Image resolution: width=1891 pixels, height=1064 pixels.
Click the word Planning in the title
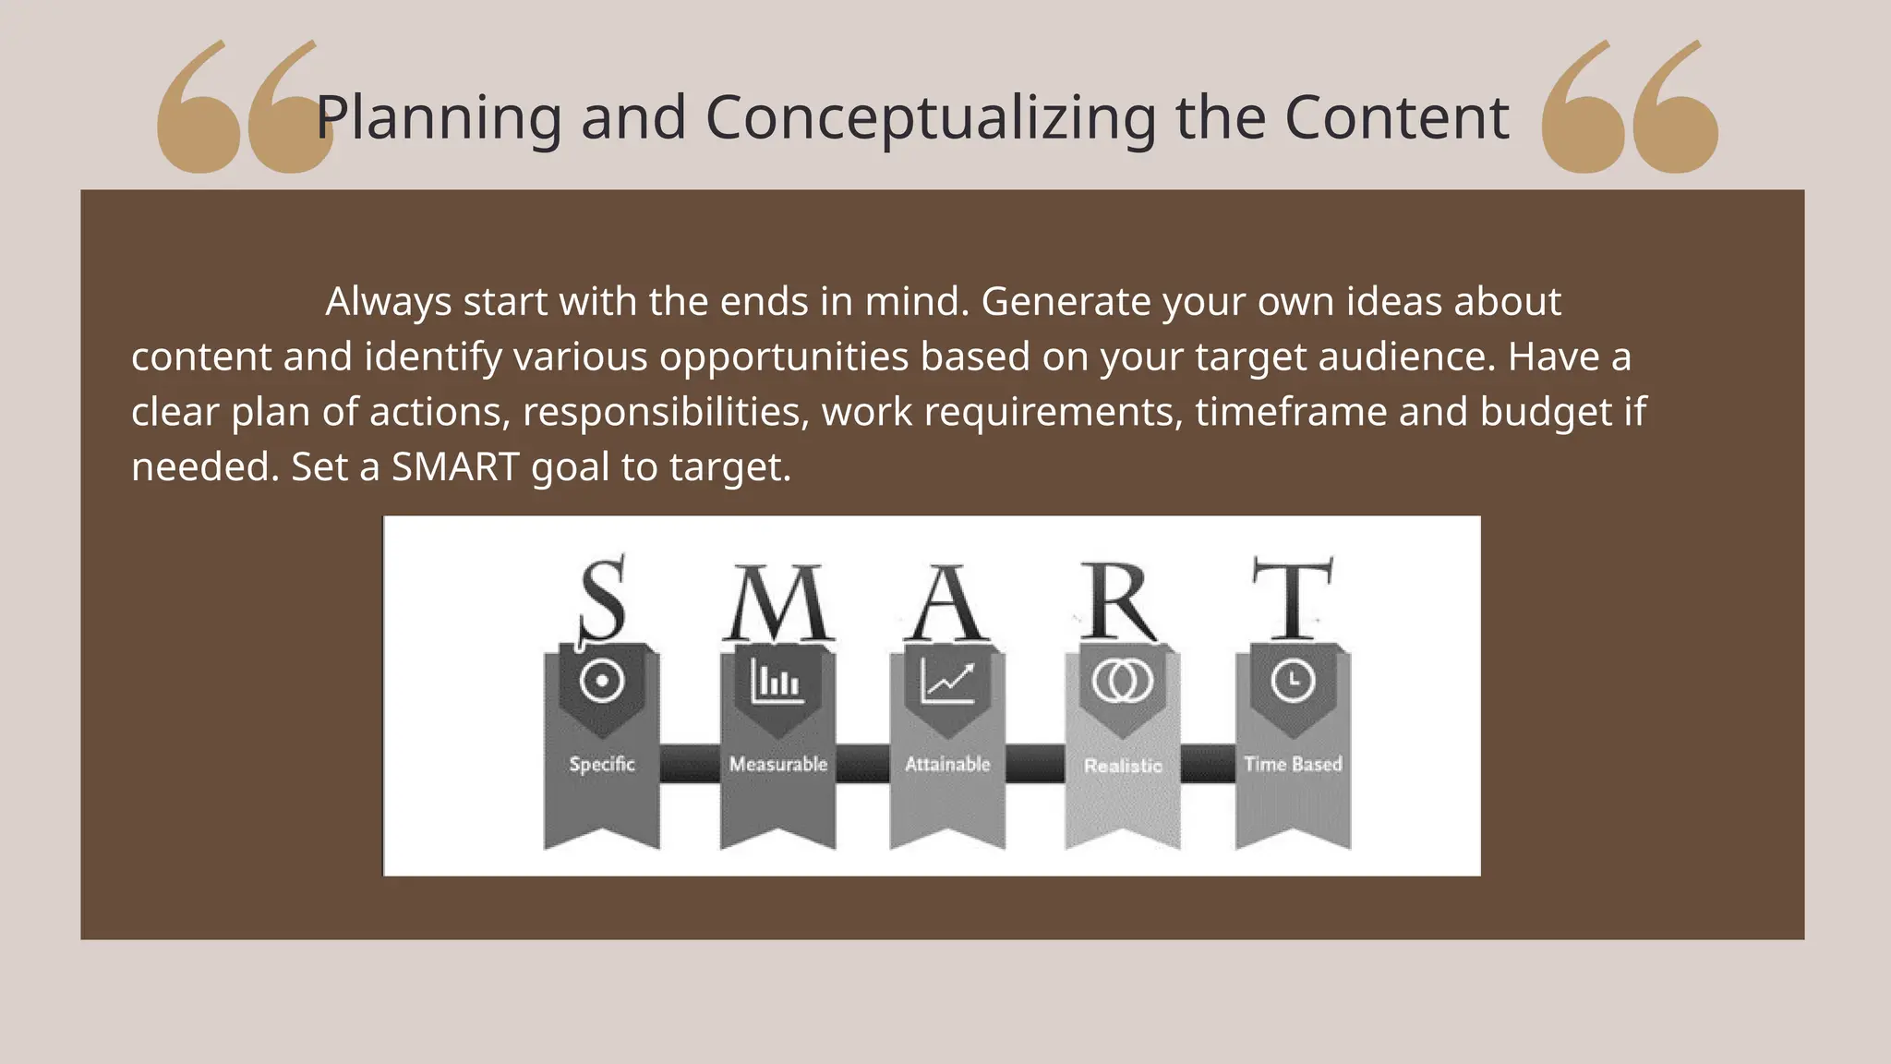click(439, 118)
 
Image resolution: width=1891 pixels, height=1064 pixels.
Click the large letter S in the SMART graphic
click(602, 598)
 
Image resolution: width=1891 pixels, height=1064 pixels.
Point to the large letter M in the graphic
click(777, 602)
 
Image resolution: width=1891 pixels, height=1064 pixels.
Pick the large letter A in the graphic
click(947, 604)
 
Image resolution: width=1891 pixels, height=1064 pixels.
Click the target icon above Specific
click(602, 682)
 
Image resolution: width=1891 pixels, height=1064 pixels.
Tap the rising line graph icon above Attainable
click(947, 682)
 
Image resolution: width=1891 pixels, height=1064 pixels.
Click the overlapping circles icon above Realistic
click(1122, 682)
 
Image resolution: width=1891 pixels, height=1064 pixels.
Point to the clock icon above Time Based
click(1293, 682)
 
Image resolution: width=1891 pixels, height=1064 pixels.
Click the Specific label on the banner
click(602, 764)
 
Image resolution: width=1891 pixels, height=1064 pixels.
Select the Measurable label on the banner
click(777, 764)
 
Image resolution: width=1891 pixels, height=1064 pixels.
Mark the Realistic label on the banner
click(1123, 766)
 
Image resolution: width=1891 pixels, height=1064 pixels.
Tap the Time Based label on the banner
click(1293, 764)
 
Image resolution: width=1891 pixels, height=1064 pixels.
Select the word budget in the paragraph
click(1546, 412)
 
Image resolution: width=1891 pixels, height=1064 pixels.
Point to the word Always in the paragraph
click(388, 302)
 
